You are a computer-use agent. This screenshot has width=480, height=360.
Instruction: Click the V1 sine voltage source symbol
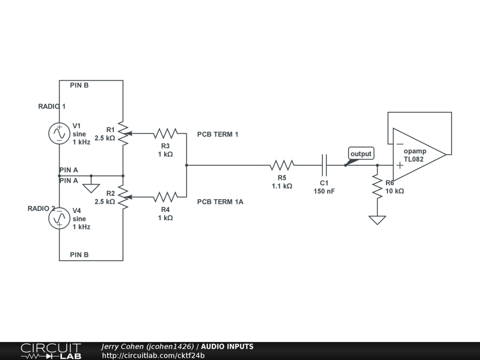(60, 134)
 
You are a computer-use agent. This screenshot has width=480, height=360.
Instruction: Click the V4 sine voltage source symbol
(60, 218)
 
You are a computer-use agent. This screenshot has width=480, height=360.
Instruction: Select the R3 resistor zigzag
(165, 134)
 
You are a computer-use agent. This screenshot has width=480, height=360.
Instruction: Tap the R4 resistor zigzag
(165, 197)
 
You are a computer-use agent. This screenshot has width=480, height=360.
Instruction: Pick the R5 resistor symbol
(282, 165)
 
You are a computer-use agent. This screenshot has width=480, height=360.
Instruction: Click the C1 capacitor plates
(324, 165)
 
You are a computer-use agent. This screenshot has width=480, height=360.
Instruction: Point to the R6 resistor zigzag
(377, 187)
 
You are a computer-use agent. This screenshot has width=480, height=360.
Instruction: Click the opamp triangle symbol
(420, 155)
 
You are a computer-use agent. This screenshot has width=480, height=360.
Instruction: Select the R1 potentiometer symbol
(123, 134)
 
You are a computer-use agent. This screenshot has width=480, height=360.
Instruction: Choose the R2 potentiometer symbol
(123, 197)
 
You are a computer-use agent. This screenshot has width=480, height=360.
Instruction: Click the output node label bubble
(361, 153)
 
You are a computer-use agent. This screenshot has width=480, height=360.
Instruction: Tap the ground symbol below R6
(377, 220)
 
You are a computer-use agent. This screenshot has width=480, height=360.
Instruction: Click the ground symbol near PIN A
(91, 188)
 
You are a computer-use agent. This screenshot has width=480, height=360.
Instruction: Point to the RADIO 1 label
(52, 106)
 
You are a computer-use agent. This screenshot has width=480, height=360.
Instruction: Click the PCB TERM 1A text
(220, 202)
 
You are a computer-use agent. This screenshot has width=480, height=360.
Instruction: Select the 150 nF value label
(324, 191)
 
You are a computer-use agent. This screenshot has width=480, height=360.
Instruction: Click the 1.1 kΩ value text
(282, 186)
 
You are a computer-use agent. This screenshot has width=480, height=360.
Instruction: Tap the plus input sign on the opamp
(400, 165)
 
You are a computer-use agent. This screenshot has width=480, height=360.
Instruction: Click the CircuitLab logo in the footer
(51, 351)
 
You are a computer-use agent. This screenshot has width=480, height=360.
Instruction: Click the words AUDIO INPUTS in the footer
(227, 346)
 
